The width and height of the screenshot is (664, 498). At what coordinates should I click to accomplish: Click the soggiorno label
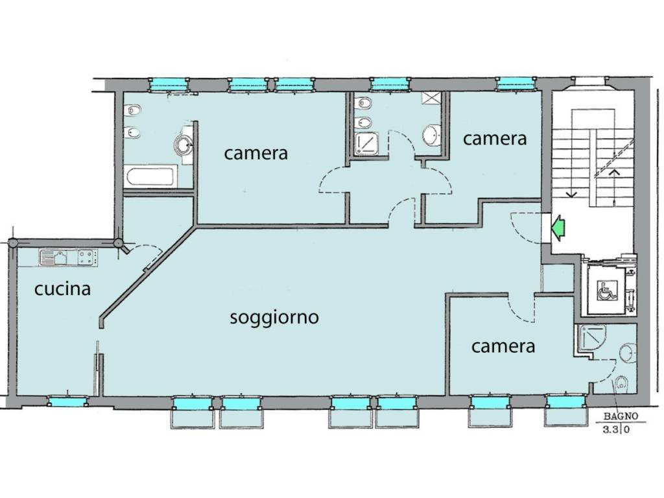tap(274, 318)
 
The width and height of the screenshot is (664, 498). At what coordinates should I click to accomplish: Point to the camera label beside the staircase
tap(495, 138)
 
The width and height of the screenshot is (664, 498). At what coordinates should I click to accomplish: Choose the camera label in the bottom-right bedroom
tap(503, 346)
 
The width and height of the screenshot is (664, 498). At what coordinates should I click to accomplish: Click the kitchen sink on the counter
tap(53, 258)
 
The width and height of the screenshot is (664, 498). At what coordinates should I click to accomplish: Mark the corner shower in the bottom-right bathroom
tap(590, 340)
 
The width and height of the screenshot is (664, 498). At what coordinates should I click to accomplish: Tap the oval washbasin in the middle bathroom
tap(430, 136)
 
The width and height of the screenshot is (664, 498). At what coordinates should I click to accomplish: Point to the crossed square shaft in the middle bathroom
tap(431, 99)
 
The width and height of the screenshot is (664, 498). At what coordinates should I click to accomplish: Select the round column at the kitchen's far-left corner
tap(12, 244)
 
